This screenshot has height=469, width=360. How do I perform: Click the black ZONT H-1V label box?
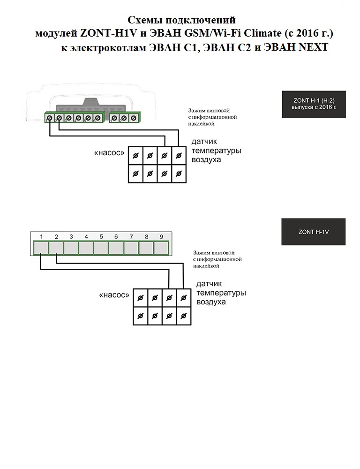click(313, 232)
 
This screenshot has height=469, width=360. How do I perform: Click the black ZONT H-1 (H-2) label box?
click(313, 105)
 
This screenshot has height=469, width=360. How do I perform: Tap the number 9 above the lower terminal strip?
click(161, 237)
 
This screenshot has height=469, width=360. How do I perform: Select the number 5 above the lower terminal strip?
click(101, 237)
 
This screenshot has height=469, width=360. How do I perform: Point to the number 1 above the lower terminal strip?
click(41, 237)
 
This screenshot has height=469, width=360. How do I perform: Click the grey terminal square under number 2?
click(56, 247)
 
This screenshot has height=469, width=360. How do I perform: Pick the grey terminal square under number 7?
click(131, 247)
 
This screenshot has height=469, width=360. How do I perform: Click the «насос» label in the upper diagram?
click(110, 153)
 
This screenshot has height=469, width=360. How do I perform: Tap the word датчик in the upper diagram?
click(204, 142)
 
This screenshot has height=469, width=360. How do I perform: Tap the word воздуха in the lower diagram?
click(211, 302)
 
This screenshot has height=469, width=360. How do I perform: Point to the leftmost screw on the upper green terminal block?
click(50, 118)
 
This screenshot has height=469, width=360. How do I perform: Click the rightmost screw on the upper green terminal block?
click(134, 118)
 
